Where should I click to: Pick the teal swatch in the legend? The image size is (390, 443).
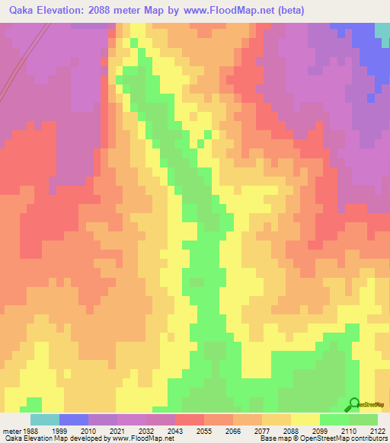pos(44,419)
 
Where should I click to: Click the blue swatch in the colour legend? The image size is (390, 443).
pos(73,419)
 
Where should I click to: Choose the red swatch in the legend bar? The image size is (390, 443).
pos(189,419)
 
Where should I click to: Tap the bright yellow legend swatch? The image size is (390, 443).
pos(305,419)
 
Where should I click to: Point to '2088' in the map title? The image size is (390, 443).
pos(112,10)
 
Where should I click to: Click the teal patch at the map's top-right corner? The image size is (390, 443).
pos(382,30)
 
